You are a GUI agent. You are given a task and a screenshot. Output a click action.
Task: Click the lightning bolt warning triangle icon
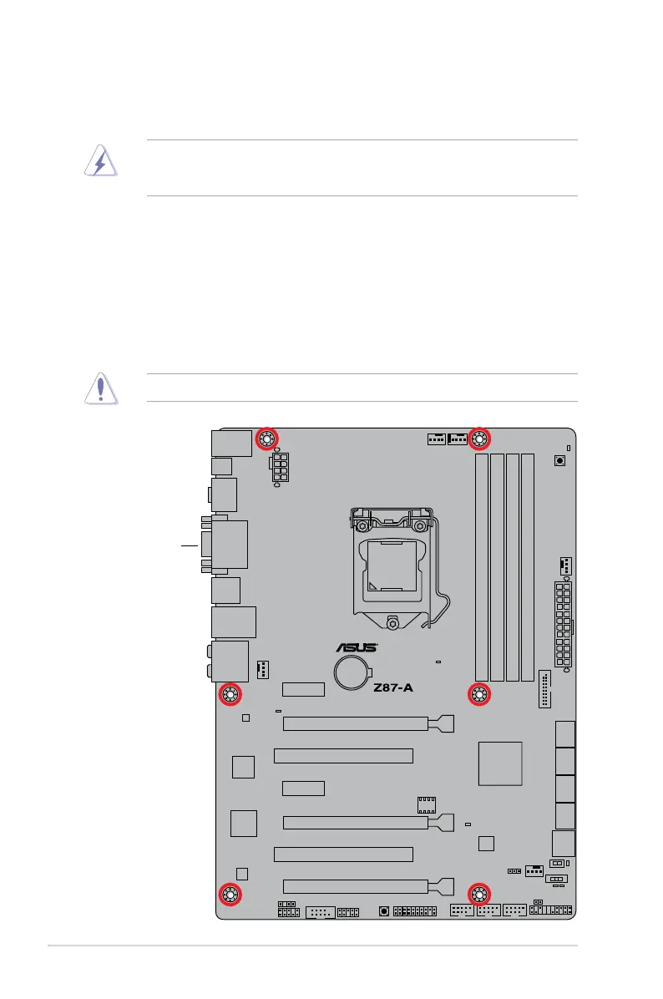click(100, 164)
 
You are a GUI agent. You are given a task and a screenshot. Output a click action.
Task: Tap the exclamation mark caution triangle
click(100, 388)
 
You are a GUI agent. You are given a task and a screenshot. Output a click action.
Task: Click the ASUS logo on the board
click(357, 647)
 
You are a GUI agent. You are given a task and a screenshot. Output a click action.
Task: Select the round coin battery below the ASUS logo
click(353, 672)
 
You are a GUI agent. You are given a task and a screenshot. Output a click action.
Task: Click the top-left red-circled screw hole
click(267, 439)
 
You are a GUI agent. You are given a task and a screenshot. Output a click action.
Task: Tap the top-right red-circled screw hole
click(479, 439)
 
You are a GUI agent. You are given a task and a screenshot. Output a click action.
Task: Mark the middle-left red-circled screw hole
click(230, 694)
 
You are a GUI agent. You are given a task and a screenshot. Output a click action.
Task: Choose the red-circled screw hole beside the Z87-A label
click(479, 694)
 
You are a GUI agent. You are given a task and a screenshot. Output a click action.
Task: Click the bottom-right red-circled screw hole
click(479, 895)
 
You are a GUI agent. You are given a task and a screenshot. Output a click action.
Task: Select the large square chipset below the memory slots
click(501, 763)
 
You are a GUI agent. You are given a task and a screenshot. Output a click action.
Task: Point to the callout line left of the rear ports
click(190, 545)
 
